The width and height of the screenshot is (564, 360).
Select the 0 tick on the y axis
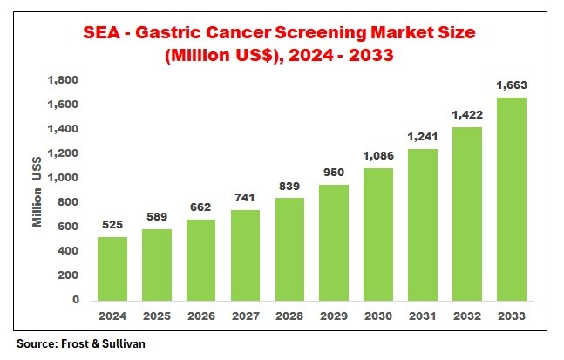click(76, 300)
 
